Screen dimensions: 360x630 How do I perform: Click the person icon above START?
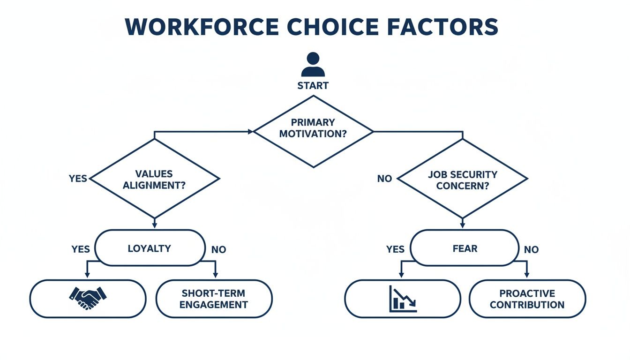click(x=313, y=65)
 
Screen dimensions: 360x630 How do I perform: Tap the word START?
click(x=313, y=86)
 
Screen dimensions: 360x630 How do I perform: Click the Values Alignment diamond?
click(x=154, y=179)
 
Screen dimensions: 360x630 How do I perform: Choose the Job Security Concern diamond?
click(x=462, y=179)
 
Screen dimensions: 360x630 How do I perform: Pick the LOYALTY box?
click(x=150, y=248)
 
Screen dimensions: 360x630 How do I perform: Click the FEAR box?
click(x=465, y=248)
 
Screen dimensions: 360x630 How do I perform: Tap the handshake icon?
click(x=88, y=298)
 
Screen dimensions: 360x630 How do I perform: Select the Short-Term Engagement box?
click(x=214, y=299)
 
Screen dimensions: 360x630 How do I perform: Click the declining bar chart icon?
click(x=403, y=299)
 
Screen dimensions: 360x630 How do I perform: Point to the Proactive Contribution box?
click(x=527, y=299)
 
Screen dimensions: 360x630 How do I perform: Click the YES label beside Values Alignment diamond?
click(x=78, y=179)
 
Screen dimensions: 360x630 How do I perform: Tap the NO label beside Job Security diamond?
click(x=384, y=179)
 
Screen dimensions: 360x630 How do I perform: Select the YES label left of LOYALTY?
click(x=81, y=249)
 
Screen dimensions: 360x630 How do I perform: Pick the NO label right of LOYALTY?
click(x=218, y=249)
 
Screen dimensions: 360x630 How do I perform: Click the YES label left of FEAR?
click(x=395, y=249)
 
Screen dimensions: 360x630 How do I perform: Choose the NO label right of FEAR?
click(x=531, y=249)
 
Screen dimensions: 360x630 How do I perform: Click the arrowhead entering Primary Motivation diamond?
click(x=250, y=132)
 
